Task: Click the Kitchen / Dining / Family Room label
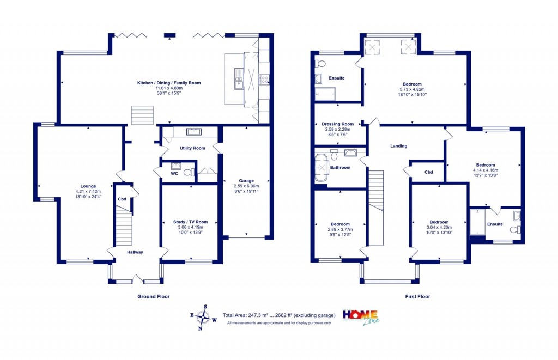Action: tap(169, 83)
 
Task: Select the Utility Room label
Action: tap(192, 148)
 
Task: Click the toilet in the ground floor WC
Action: tap(188, 173)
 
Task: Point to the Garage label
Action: tap(246, 180)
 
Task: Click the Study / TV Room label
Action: tap(190, 222)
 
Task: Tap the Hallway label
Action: tap(135, 252)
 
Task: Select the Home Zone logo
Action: tap(360, 316)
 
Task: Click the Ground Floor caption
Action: tap(153, 297)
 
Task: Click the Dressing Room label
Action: tap(338, 124)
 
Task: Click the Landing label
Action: tap(398, 146)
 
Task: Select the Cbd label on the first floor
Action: tap(429, 172)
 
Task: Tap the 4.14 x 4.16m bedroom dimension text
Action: tap(486, 170)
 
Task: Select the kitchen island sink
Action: tap(239, 80)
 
